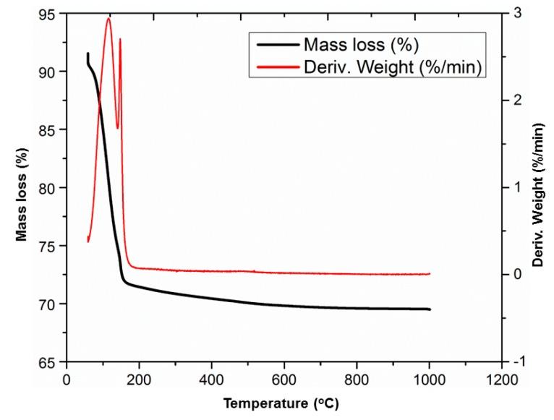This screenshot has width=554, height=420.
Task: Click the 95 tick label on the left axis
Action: [x=49, y=14]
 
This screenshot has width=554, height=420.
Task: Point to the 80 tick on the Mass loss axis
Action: [x=49, y=188]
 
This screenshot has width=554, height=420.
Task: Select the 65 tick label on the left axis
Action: [x=49, y=362]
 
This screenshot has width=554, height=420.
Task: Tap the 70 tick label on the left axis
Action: [x=49, y=304]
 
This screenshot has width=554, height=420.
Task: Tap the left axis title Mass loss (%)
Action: [x=22, y=187]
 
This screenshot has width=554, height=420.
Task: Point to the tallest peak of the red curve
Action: [x=108, y=19]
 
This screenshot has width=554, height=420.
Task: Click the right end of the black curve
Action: [x=430, y=309]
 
